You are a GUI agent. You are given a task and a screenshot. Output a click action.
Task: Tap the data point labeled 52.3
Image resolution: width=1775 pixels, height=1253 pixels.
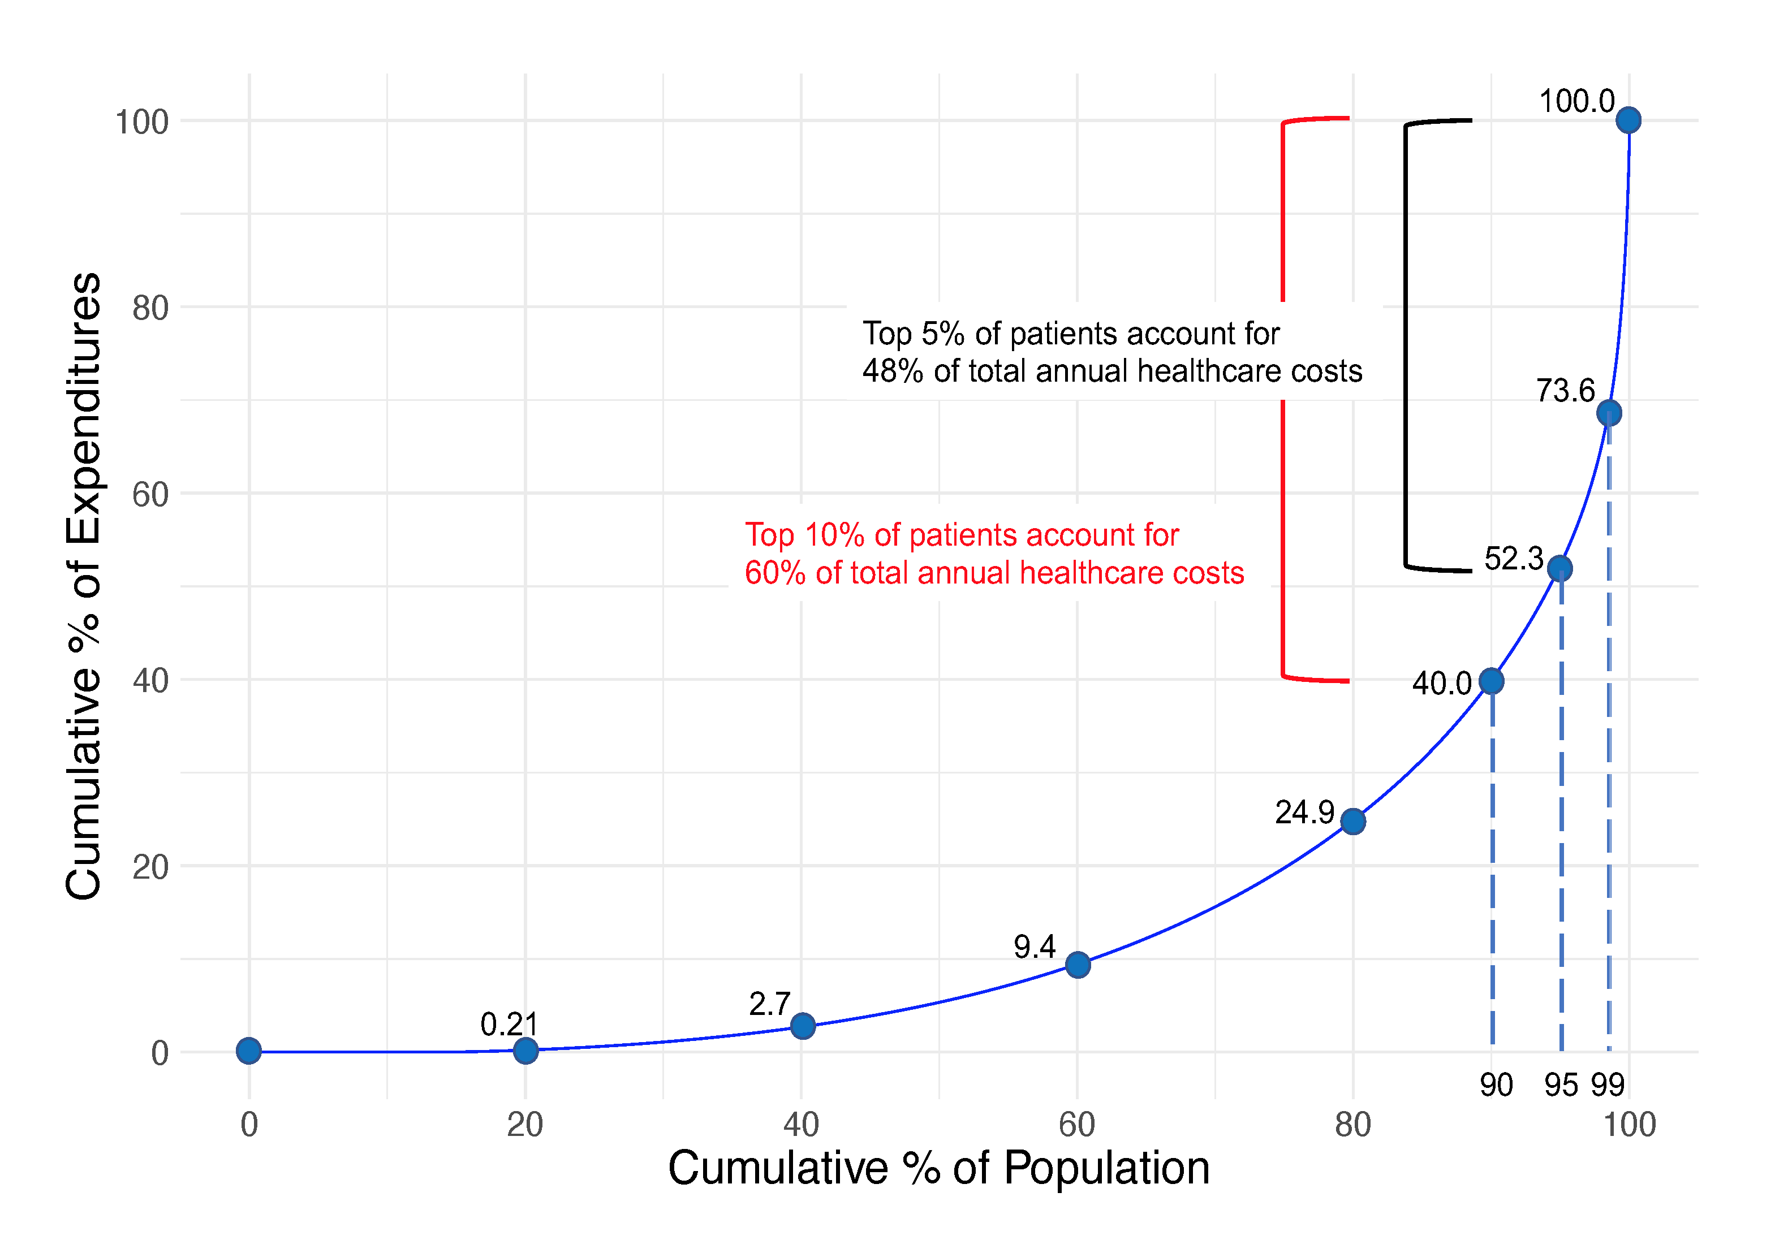tap(1559, 569)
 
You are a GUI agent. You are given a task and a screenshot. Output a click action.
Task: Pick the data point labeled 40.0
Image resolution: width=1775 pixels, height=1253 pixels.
tap(1491, 681)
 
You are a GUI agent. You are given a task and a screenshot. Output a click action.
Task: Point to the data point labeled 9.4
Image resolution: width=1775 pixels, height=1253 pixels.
tap(1078, 964)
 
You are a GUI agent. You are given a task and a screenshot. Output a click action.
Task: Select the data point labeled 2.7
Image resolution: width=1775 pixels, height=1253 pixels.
tap(803, 1026)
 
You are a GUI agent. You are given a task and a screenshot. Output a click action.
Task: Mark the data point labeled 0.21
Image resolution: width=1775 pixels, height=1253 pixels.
tap(525, 1051)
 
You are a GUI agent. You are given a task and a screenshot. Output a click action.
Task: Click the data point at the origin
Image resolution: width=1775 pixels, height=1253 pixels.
tap(249, 1051)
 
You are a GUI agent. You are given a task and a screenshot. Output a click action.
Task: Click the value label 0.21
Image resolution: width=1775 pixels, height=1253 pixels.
tap(509, 1025)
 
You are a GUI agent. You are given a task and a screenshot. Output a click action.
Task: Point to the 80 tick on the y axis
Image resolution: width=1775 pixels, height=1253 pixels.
tap(151, 308)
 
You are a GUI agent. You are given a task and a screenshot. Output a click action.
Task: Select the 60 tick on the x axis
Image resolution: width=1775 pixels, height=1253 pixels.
tap(1077, 1125)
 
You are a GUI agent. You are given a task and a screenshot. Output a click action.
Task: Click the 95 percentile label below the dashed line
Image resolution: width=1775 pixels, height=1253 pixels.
tap(1561, 1085)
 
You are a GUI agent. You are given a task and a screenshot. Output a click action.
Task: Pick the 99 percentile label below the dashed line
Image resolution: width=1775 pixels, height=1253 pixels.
tap(1608, 1085)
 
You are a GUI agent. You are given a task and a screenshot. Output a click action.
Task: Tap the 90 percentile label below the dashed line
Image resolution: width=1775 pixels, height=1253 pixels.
tap(1496, 1085)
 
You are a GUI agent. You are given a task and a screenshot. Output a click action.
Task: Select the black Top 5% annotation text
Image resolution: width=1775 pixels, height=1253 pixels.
tap(1111, 352)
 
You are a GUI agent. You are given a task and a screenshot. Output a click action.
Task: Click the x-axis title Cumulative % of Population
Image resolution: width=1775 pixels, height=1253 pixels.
tap(938, 1168)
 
